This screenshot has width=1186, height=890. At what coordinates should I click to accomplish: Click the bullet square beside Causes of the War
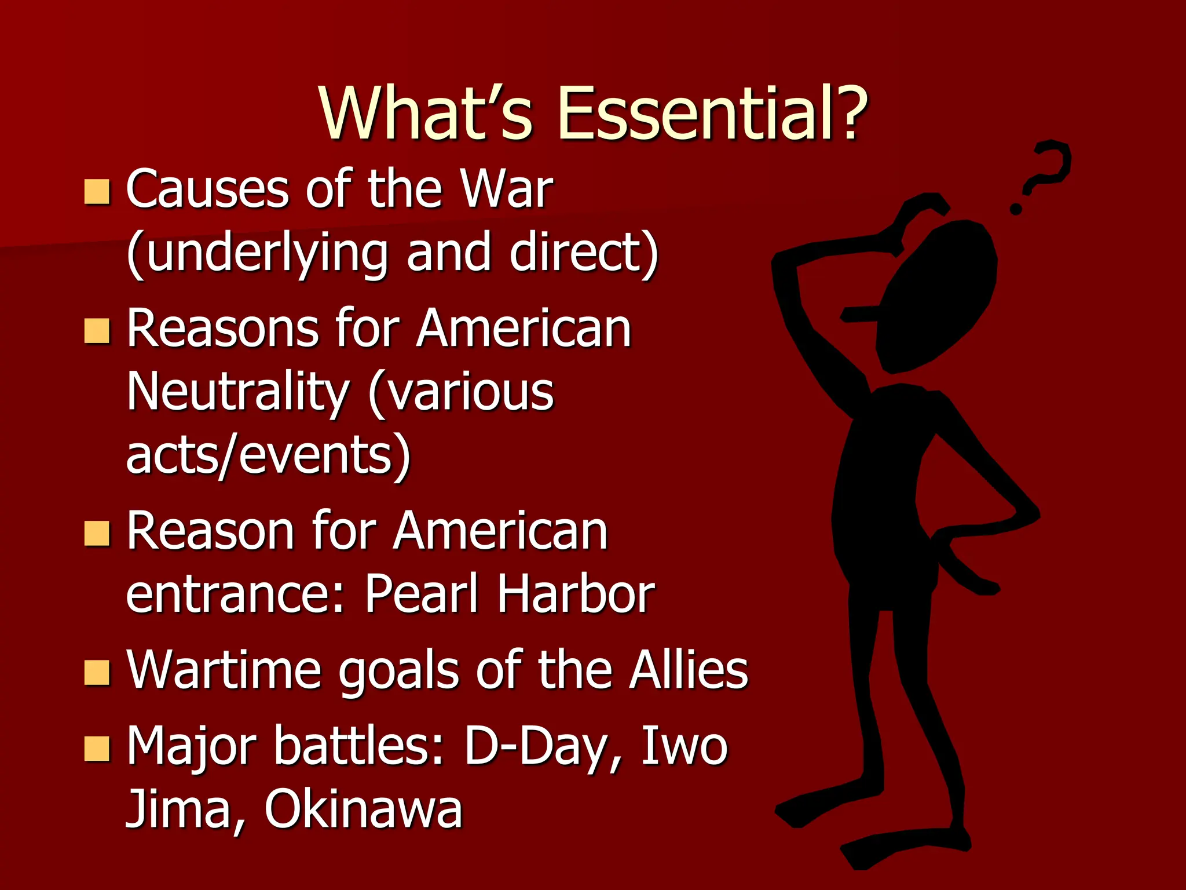pyautogui.click(x=97, y=192)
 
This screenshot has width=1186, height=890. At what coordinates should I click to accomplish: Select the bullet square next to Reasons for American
pyautogui.click(x=97, y=331)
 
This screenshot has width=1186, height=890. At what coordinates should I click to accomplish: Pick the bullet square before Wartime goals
pyautogui.click(x=97, y=673)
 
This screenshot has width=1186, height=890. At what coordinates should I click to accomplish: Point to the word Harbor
pyautogui.click(x=576, y=594)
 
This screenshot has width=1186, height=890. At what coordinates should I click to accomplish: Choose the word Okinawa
pyautogui.click(x=364, y=809)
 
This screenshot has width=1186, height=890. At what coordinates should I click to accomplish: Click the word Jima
pyautogui.click(x=184, y=809)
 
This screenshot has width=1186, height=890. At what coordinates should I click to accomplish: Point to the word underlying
pyautogui.click(x=258, y=254)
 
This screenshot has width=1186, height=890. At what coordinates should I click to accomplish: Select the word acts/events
pyautogui.click(x=268, y=456)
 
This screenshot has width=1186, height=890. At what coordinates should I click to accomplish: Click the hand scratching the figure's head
pyautogui.click(x=921, y=214)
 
